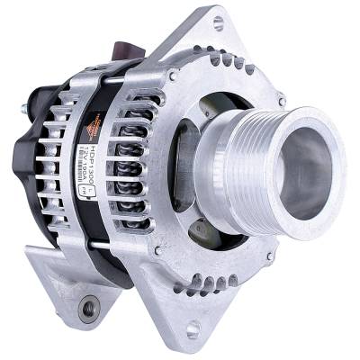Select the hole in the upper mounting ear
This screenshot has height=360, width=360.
[219, 22]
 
